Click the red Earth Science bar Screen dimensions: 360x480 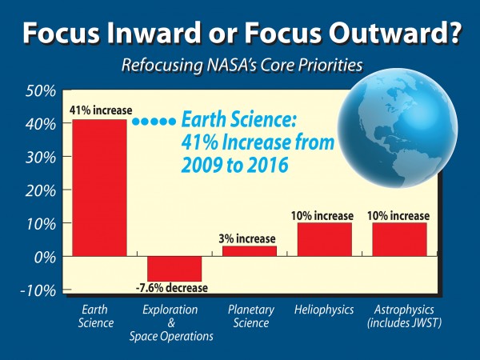click(x=99, y=187)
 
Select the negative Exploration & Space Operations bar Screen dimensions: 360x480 click(x=174, y=268)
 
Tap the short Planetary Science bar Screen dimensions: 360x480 click(x=249, y=251)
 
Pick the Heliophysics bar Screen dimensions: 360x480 click(x=324, y=239)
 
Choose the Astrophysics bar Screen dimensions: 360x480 click(x=399, y=239)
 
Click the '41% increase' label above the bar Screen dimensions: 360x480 click(x=99, y=111)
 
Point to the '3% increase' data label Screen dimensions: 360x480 click(x=249, y=238)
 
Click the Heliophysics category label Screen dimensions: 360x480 click(x=324, y=310)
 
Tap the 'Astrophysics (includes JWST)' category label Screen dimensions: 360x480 click(x=399, y=316)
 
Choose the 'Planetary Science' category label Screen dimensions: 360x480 click(x=249, y=316)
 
